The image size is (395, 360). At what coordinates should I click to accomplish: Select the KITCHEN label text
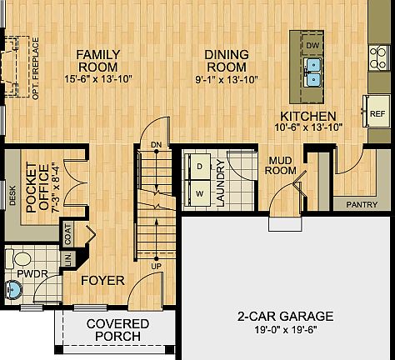point(307,116)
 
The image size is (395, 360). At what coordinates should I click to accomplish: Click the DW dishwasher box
point(312,44)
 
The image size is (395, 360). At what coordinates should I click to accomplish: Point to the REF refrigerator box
point(377,112)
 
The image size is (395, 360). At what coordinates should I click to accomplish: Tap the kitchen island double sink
point(313,72)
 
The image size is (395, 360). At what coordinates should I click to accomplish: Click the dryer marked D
point(200,166)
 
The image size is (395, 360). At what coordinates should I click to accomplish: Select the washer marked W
point(200,192)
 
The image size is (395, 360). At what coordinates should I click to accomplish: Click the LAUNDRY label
point(221,182)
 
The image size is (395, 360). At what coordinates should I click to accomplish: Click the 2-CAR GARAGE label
point(285,317)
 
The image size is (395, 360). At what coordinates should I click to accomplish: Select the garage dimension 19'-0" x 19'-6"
point(285,330)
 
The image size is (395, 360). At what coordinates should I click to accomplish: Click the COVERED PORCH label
point(118,329)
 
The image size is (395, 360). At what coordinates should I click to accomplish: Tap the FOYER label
point(102,280)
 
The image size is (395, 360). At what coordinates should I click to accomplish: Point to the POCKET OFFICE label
point(38,193)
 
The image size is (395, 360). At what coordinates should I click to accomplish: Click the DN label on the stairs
point(156,145)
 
